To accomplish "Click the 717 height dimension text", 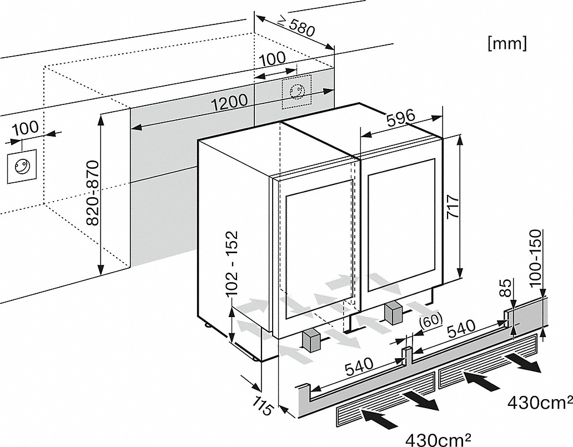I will click(x=453, y=209).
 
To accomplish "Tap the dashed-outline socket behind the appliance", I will click(x=296, y=91).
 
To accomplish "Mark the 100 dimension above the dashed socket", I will click(x=272, y=58).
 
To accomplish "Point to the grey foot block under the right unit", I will click(x=394, y=313).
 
